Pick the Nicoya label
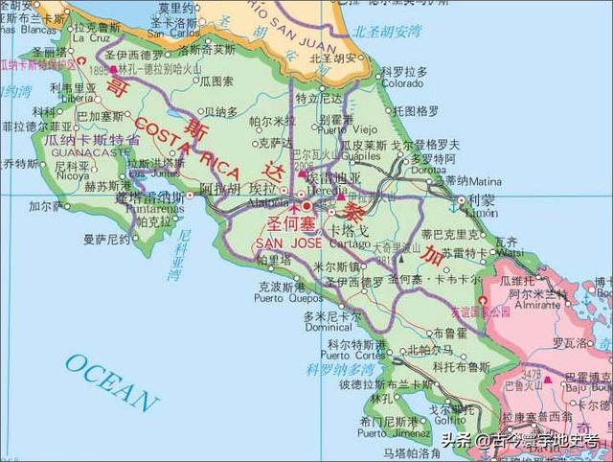pyautogui.click(x=70, y=176)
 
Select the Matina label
pyautogui.click(x=484, y=179)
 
